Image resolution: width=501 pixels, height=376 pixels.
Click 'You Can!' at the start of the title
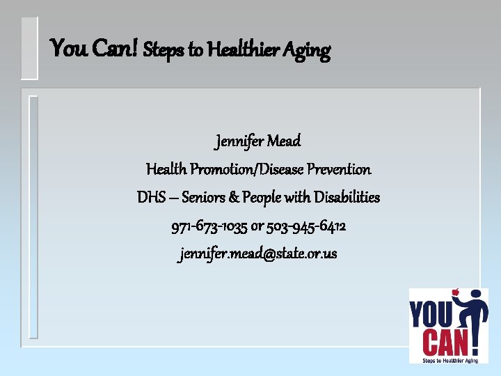tap(95, 49)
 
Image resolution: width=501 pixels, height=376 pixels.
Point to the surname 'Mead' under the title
tap(285, 141)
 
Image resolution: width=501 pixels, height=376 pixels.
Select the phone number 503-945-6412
tap(312, 226)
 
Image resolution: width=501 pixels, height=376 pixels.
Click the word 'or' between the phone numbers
tap(258, 227)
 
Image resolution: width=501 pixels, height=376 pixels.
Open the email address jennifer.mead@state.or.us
tap(258, 254)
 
